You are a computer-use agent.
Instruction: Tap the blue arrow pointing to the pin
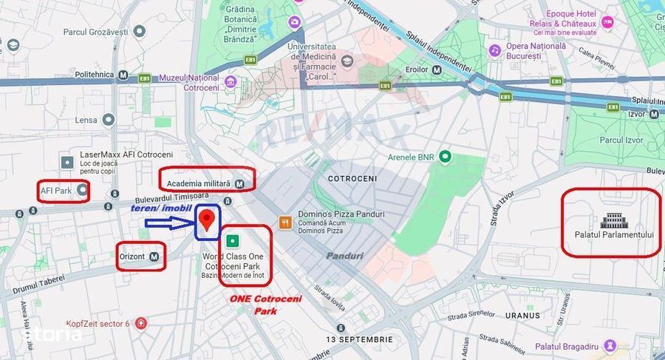(x=166, y=220)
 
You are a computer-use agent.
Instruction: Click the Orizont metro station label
(x=140, y=257)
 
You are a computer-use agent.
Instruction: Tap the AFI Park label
(x=63, y=191)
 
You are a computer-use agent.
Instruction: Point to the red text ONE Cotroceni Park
(x=255, y=305)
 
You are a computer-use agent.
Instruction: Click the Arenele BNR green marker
(x=445, y=157)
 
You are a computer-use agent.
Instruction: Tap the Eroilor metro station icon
(x=437, y=69)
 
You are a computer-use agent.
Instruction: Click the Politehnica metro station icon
(x=123, y=75)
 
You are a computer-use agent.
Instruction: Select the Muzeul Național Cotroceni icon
(x=231, y=81)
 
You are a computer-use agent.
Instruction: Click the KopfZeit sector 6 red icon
(x=141, y=324)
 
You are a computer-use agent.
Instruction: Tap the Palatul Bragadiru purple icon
(x=610, y=345)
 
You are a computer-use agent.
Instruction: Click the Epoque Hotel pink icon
(x=607, y=22)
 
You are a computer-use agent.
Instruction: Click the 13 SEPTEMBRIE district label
(x=360, y=339)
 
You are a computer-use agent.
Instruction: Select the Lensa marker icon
(x=109, y=120)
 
